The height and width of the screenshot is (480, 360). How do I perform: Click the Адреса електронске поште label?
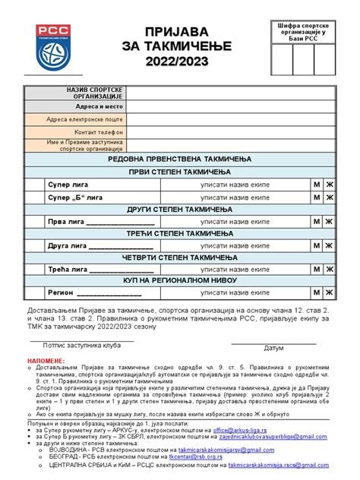pyautogui.click(x=84, y=119)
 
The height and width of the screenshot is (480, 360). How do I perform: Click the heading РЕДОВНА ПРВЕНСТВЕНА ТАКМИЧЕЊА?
pyautogui.click(x=179, y=159)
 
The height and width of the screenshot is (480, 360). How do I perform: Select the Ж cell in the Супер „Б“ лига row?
pyautogui.click(x=330, y=197)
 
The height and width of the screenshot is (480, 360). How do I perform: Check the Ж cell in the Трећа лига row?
pyautogui.click(x=330, y=269)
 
